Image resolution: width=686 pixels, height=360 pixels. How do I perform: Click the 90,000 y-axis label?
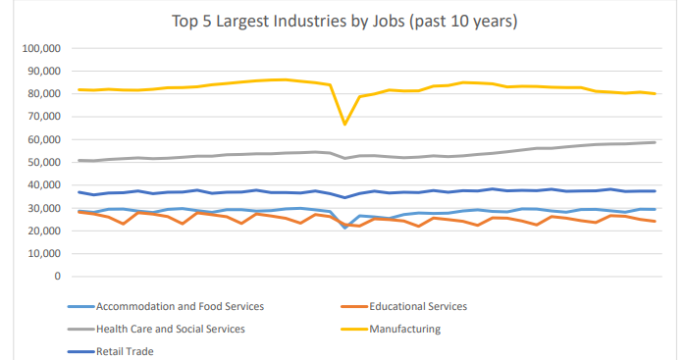[x=41, y=71]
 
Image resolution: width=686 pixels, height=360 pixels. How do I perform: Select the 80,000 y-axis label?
[x=41, y=93]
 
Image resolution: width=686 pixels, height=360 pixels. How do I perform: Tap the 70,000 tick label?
[x=41, y=117]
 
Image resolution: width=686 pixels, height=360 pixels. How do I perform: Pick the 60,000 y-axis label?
[x=41, y=139]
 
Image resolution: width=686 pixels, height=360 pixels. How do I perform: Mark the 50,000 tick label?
[x=41, y=162]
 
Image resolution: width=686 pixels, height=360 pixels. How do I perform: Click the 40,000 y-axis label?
[x=41, y=184]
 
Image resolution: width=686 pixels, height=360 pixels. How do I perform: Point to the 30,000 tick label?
[x=41, y=208]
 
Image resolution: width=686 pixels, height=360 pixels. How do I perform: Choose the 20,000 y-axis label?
[x=41, y=231]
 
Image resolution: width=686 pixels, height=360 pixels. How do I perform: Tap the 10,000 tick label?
[x=41, y=253]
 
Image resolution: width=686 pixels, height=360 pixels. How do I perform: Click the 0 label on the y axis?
[x=57, y=276]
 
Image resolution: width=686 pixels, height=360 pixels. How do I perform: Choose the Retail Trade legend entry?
[x=125, y=350]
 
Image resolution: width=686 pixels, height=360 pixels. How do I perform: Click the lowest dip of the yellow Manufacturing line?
[x=344, y=125]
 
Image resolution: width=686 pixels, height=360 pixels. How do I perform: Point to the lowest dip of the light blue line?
[x=344, y=228]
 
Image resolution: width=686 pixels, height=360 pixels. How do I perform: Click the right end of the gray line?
[x=655, y=142]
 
